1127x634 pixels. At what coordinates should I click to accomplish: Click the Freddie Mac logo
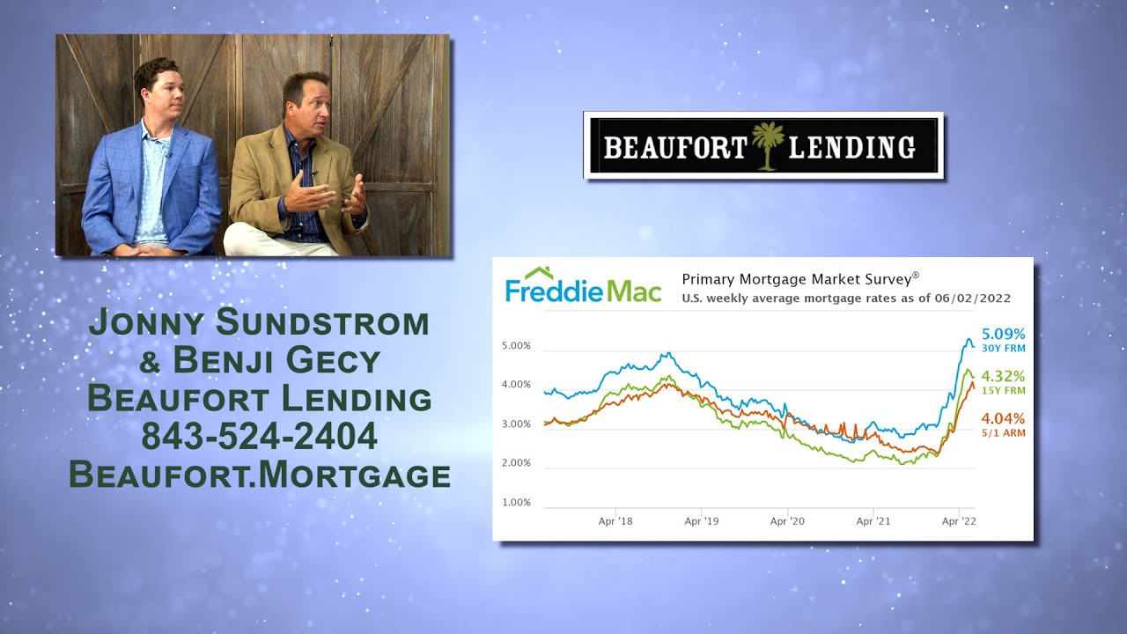click(x=583, y=285)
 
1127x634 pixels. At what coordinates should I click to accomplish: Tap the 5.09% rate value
click(x=1005, y=335)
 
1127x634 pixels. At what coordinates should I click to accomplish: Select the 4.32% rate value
click(x=1005, y=376)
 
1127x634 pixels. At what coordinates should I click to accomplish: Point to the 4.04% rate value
click(x=1005, y=419)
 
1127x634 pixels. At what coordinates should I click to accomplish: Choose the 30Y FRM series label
click(x=1005, y=349)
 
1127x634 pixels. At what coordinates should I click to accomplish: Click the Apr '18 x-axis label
click(x=615, y=521)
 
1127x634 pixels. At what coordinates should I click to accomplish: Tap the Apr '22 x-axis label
click(x=958, y=521)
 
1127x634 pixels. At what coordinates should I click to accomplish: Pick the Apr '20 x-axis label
click(x=787, y=521)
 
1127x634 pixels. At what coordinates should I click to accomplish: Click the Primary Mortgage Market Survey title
click(x=799, y=278)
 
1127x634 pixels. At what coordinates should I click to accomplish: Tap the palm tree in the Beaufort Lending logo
click(x=768, y=145)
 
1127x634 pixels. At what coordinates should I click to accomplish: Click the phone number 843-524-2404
click(x=260, y=436)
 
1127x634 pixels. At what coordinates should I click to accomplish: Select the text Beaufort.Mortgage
click(x=260, y=475)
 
